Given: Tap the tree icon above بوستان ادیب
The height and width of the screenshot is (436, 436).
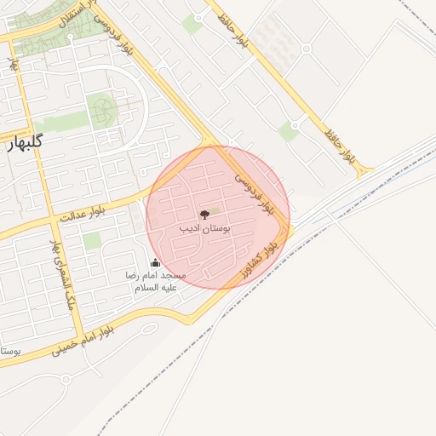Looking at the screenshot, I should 204,215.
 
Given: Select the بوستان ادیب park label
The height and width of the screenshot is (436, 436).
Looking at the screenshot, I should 202,229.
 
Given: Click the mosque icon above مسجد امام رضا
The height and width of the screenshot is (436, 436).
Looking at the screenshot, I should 155,263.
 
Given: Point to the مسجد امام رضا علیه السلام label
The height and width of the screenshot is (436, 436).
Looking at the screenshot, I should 155,282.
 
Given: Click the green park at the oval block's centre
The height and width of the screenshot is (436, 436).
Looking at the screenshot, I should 104,107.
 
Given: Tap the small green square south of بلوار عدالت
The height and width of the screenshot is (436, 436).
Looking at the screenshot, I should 91,241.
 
